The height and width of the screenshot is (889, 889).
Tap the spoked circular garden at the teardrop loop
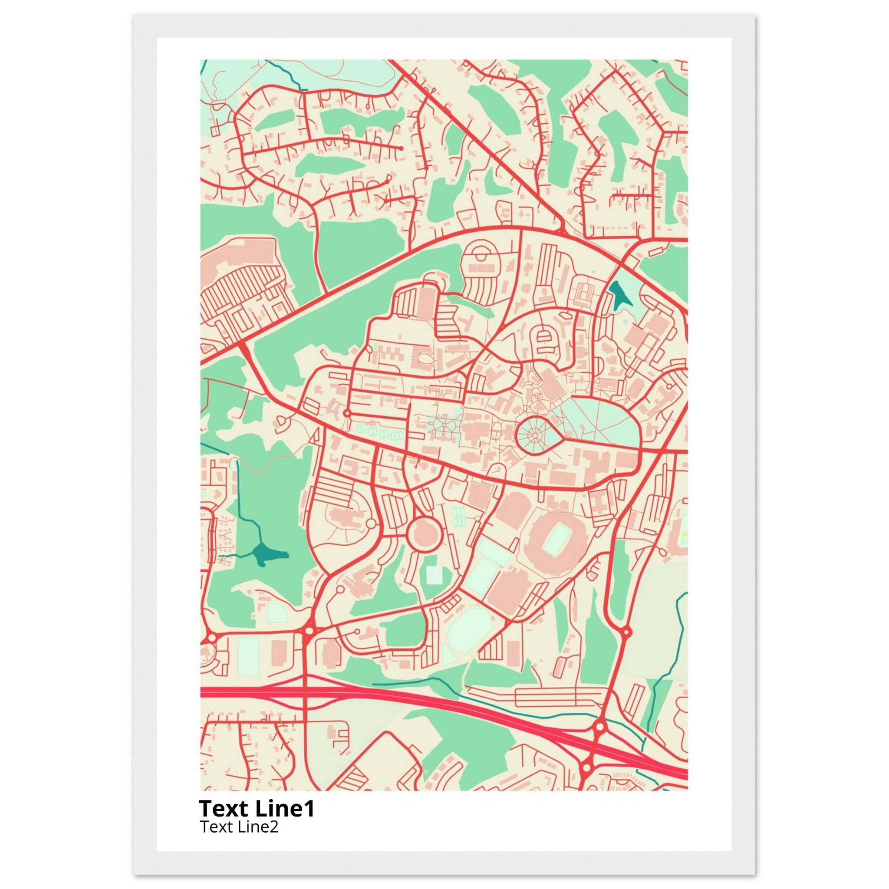click(x=537, y=434)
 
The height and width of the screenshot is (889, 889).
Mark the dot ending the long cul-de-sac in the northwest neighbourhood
click(x=401, y=148)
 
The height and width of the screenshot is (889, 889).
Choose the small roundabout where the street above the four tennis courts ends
click(x=347, y=413)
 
